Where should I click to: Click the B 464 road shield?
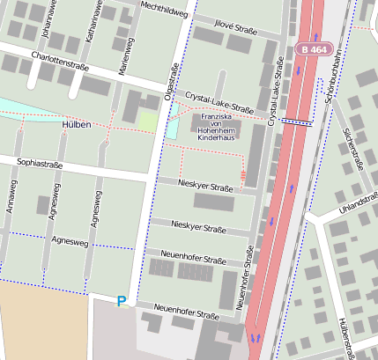tap(315, 50)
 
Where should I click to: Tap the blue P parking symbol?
tap(122, 302)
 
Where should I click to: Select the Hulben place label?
tap(77, 125)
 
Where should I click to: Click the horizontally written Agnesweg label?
tap(70, 240)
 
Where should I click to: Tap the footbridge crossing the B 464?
tap(296, 123)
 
